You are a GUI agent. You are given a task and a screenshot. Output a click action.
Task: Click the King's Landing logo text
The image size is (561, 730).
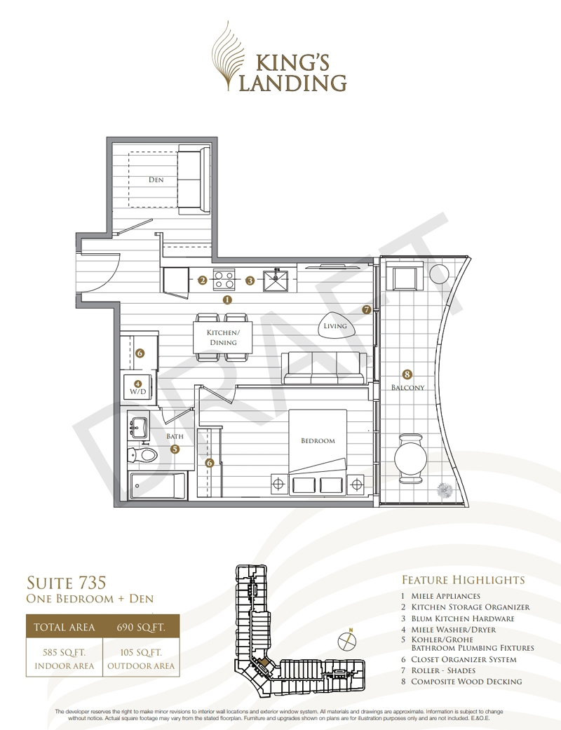[293, 73]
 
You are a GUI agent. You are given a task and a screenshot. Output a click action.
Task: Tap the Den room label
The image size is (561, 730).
[156, 180]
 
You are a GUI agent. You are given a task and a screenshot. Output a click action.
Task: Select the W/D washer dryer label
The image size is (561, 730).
[138, 391]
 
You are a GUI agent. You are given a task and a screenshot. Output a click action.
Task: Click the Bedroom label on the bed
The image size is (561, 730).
[318, 440]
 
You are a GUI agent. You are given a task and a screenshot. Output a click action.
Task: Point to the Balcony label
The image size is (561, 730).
[408, 387]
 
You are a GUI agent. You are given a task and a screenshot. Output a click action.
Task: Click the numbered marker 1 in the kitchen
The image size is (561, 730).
[227, 300]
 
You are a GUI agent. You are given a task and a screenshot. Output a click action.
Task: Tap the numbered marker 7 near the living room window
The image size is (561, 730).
[367, 309]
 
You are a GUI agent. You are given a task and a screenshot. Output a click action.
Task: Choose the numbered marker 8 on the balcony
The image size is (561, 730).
[407, 374]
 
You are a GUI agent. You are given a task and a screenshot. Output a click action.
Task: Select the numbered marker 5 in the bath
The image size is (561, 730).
[175, 450]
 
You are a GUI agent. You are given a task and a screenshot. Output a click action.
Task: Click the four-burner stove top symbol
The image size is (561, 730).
[224, 280]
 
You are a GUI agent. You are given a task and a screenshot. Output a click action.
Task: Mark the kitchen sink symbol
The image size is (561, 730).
[276, 280]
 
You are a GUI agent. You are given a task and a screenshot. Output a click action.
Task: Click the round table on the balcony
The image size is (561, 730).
[411, 459]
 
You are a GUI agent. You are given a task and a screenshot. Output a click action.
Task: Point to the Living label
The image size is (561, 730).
[335, 326]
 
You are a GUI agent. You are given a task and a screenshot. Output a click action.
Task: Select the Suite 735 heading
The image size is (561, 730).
[66, 583]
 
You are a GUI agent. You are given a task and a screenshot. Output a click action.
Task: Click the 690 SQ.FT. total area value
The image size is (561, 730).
[140, 627]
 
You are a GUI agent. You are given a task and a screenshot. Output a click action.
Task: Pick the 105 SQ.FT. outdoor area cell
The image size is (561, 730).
[140, 658]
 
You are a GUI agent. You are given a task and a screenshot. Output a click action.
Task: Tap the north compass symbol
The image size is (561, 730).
[347, 641]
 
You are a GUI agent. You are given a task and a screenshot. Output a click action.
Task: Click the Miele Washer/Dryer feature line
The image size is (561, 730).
[448, 630]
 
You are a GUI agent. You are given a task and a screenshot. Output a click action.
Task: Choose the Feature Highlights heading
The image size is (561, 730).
[464, 580]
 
